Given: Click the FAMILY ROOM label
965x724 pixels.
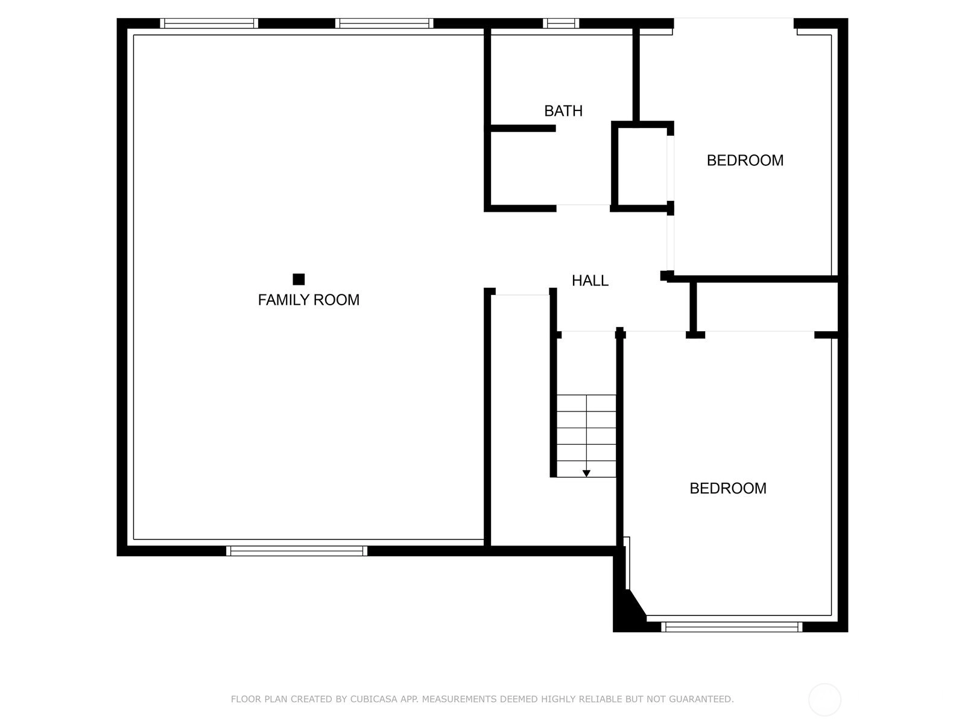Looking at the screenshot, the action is (x=309, y=300).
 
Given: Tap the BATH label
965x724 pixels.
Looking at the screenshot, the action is (x=563, y=111).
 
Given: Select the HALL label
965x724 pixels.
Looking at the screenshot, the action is (x=590, y=281).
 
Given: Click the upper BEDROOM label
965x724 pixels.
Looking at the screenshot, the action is (x=745, y=160).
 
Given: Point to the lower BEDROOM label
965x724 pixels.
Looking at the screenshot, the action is (x=727, y=488).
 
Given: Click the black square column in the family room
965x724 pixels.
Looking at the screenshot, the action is (x=299, y=279).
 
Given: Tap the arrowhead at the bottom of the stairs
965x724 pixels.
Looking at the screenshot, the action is (x=586, y=474).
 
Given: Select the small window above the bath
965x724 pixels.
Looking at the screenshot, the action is (x=560, y=24).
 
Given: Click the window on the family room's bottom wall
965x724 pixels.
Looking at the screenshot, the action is (x=296, y=551).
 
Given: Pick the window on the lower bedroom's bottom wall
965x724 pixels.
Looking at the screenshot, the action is (x=732, y=627).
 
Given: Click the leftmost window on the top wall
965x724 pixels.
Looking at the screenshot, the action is (x=209, y=24).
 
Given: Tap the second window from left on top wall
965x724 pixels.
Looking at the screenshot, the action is (x=384, y=24).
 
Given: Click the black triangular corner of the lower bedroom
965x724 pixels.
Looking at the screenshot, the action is (x=628, y=609).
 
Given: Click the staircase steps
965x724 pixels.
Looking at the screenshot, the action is (x=586, y=436).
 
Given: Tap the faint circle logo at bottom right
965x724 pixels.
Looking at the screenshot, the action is (x=824, y=699).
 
